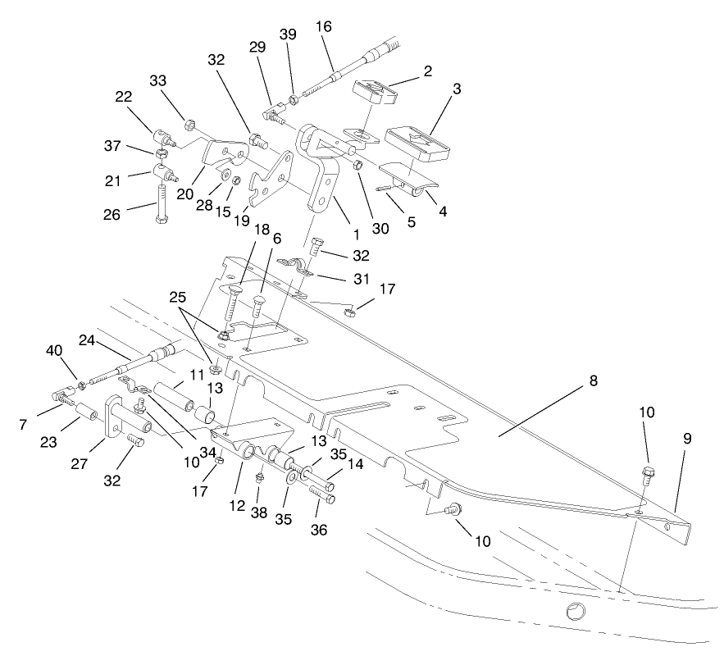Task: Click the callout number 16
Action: point(325,26)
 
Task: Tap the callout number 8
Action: point(592,381)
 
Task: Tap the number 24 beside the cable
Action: point(88,340)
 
